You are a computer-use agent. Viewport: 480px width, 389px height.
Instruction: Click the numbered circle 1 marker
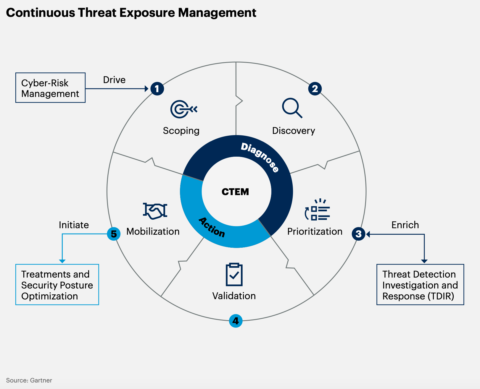(x=157, y=89)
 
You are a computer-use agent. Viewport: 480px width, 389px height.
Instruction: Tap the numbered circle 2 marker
(x=315, y=89)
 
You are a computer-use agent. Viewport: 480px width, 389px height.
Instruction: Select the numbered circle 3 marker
(x=359, y=234)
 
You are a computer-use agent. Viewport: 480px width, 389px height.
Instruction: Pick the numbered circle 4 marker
(x=236, y=321)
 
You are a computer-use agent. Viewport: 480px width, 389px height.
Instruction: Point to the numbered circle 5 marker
(x=114, y=234)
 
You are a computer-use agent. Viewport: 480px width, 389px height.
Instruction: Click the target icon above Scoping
(x=184, y=109)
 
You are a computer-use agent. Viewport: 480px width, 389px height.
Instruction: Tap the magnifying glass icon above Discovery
(x=292, y=108)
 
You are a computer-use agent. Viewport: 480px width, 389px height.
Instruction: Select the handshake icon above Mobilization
(x=155, y=211)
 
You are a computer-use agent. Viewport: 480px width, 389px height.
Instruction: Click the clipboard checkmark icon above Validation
(x=234, y=274)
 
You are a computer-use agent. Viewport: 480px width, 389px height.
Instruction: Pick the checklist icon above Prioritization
(x=317, y=210)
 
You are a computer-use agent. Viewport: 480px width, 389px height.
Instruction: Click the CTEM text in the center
(x=235, y=192)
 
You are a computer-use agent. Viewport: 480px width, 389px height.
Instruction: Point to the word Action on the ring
(x=212, y=227)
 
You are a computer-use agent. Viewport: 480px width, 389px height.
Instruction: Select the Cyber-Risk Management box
(x=51, y=88)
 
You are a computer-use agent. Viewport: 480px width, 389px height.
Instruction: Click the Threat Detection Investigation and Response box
(x=420, y=285)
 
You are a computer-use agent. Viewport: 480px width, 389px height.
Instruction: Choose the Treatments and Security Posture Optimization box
(x=57, y=285)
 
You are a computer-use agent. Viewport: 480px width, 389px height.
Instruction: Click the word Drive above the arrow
(x=114, y=80)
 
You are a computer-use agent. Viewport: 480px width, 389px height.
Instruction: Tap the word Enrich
(x=405, y=225)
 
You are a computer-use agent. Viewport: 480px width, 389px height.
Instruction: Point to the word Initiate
(x=74, y=225)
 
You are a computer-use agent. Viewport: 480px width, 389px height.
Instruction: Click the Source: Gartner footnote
(x=29, y=380)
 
